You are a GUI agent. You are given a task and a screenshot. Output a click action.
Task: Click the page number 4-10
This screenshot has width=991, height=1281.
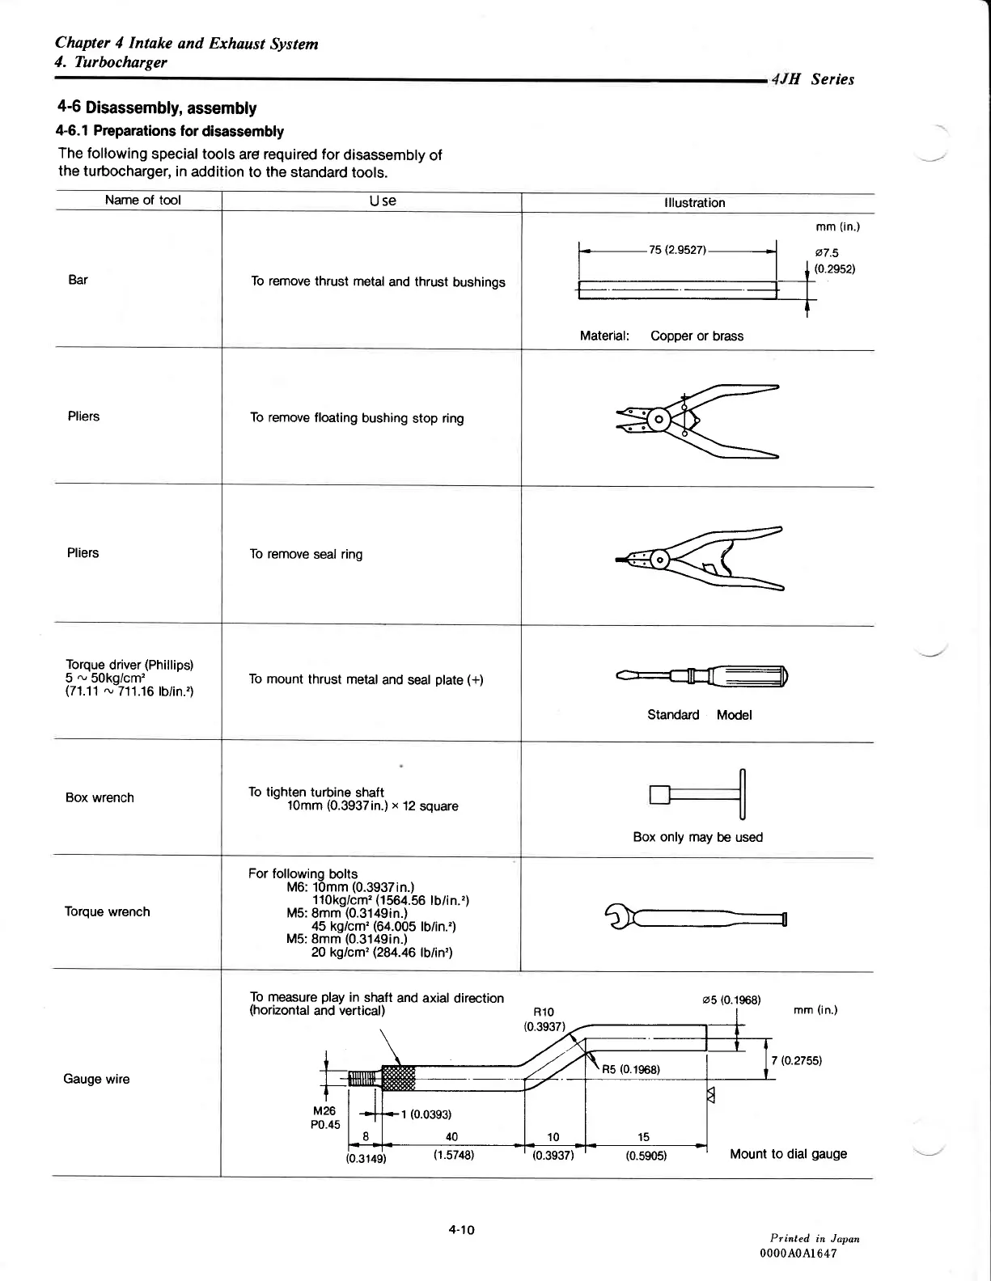461,1230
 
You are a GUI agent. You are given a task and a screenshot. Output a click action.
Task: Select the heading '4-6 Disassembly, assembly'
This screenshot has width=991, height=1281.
157,108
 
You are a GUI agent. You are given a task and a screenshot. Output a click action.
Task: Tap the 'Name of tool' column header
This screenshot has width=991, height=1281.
142,201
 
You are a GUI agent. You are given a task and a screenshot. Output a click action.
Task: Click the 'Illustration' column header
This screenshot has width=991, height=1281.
694,203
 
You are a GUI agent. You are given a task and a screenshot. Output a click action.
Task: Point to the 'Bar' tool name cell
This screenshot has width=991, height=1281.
78,280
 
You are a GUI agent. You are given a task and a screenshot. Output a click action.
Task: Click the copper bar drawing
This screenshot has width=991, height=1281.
678,289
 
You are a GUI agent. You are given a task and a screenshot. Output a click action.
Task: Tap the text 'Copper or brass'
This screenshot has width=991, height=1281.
697,336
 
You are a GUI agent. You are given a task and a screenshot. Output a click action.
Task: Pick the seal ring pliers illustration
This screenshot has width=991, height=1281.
699,559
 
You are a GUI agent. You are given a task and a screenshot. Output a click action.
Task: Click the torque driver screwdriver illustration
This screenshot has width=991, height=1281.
701,675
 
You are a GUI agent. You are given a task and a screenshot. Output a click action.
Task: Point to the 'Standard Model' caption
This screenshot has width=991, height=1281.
699,715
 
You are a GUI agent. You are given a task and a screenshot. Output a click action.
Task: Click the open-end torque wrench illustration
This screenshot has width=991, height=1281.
697,918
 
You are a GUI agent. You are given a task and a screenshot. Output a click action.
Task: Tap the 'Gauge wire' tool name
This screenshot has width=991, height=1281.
96,1079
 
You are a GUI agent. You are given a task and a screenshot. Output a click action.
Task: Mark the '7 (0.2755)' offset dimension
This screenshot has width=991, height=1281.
797,1060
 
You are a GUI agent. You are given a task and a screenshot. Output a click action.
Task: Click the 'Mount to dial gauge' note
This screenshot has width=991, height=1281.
788,1154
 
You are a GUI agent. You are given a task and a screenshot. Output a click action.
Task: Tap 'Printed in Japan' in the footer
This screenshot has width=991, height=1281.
815,1238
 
